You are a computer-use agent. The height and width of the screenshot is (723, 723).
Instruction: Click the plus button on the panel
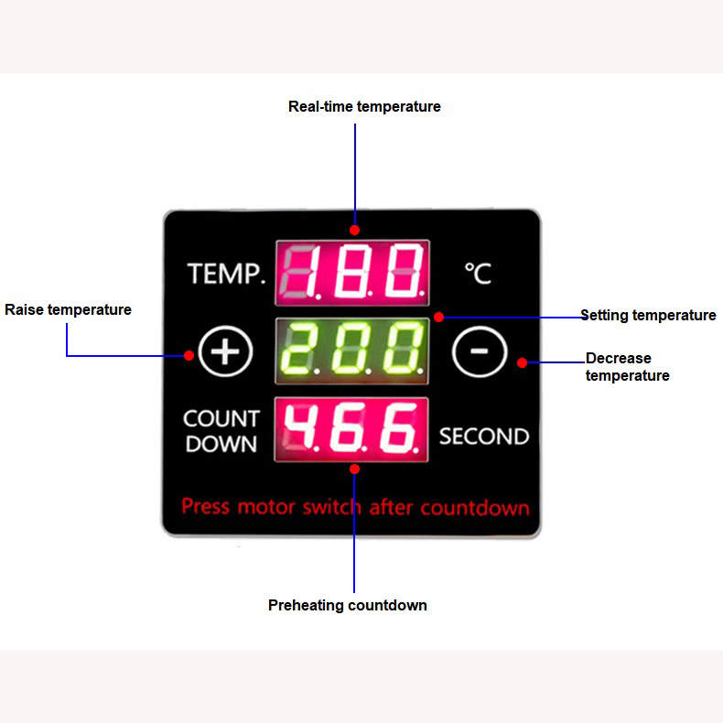225,351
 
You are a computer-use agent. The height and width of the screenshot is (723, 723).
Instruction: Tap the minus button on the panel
480,351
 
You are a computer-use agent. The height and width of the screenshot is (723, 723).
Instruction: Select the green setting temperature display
351,351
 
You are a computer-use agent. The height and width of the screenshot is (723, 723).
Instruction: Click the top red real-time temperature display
352,273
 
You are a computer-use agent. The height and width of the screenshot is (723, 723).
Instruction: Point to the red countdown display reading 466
351,429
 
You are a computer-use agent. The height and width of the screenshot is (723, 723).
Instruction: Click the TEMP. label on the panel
226,274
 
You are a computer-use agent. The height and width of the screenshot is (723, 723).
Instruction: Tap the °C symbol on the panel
478,274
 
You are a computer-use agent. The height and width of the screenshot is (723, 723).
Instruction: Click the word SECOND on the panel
484,437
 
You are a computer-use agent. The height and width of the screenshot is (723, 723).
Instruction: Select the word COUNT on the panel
221,418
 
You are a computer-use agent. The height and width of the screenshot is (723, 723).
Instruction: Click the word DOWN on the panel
221,444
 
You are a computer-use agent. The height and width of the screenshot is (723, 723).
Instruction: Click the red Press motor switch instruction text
355,507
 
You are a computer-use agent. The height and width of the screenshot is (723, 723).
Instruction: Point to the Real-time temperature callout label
364,106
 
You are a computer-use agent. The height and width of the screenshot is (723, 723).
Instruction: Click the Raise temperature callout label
68,309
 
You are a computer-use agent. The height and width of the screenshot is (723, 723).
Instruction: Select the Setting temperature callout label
648,316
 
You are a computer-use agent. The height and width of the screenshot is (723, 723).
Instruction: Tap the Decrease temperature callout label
627,367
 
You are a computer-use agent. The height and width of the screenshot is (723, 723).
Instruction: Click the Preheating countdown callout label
347,605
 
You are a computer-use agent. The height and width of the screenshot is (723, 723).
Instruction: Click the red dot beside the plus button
189,355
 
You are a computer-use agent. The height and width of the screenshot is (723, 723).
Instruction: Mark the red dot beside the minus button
522,363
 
